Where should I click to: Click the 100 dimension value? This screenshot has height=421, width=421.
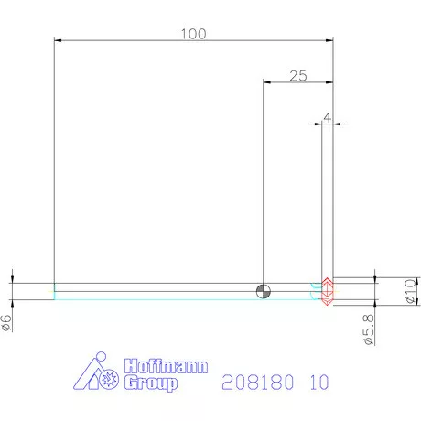193,34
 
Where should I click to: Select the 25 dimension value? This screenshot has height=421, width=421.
297,76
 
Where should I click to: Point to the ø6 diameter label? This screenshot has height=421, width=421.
7,322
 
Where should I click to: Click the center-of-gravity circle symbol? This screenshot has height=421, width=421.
264,291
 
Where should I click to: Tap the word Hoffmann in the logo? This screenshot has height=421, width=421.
165,366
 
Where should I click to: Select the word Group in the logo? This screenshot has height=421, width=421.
149,383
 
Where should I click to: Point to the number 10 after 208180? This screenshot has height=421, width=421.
318,381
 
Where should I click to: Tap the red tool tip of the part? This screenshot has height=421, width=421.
327,290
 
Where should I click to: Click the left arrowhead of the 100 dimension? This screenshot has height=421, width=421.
59,41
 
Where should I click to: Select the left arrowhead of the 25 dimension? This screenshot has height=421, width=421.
266,82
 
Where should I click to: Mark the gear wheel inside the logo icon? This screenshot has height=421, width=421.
112,378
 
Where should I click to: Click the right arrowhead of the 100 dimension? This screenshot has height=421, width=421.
328,41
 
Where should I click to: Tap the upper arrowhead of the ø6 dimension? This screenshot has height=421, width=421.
13,278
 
